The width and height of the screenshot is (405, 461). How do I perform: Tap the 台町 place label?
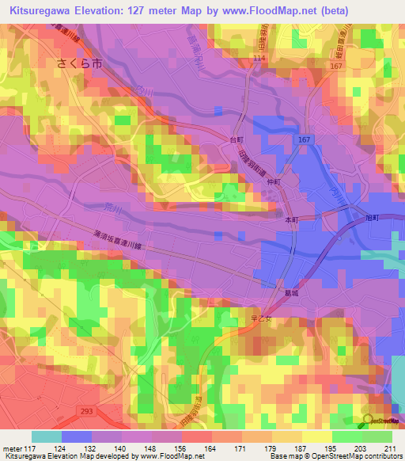click(x=235, y=138)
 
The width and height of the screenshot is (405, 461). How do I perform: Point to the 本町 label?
click(x=292, y=219)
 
